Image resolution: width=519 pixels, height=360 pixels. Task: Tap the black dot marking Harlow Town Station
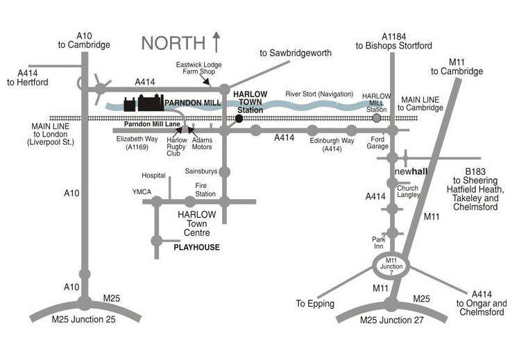239,119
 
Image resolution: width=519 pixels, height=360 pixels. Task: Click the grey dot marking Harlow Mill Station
377,119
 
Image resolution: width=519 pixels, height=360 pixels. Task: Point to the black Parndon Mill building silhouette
143,103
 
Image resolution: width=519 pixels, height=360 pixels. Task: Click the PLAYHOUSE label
196,247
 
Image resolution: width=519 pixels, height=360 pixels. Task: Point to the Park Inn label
377,243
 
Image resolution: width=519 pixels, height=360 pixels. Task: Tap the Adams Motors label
201,143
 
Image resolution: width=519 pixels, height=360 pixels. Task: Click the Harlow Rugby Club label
178,146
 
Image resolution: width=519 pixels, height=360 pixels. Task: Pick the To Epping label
315,304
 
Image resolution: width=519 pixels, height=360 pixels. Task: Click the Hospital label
154,175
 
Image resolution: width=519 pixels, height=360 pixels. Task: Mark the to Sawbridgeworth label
296,53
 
